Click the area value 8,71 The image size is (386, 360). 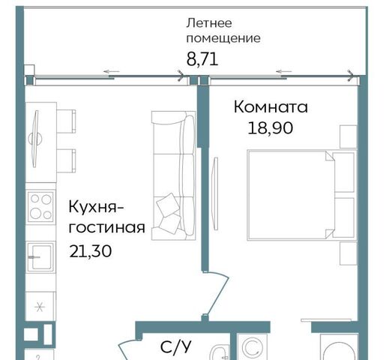[202, 59]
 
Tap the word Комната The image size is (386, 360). [271, 107]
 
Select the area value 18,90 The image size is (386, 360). [271, 128]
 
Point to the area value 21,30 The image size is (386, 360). [91, 251]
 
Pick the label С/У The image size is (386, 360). [176, 346]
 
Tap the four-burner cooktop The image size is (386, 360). [40, 207]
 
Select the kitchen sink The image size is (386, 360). [40, 256]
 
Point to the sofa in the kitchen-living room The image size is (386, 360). [174, 175]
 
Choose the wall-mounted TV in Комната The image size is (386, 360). [215, 193]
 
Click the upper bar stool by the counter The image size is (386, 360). [66, 121]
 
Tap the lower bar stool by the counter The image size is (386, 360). [66, 160]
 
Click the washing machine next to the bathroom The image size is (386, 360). [252, 347]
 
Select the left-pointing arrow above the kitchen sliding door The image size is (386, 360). [112, 72]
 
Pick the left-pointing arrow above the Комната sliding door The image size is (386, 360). [283, 72]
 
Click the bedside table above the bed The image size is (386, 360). [349, 137]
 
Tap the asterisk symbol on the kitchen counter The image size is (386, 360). [40, 307]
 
